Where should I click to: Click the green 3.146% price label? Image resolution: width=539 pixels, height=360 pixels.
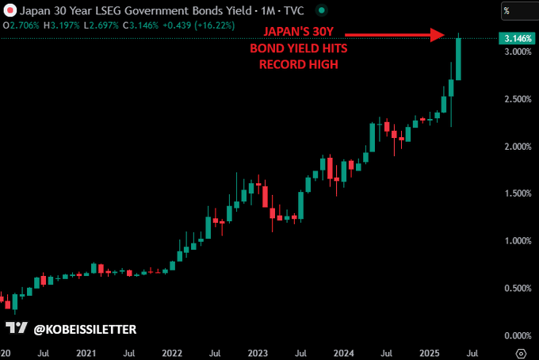516,38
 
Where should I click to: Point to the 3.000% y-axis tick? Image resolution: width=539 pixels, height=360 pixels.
516,52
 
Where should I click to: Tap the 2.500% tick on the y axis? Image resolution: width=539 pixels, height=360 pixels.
516,99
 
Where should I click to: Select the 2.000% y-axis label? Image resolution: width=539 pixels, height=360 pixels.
516,147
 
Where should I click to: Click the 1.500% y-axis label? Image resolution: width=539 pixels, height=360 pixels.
516,193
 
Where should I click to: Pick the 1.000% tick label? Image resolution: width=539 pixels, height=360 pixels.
516,241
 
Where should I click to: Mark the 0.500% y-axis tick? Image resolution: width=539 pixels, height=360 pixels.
516,288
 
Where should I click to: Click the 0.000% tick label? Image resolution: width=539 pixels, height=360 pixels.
516,335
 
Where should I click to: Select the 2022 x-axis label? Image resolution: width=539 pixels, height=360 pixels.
172,351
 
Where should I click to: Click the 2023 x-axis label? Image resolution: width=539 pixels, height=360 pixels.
258,351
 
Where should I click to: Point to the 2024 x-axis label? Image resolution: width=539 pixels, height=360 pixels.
343,351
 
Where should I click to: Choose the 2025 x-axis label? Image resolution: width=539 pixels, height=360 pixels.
429,351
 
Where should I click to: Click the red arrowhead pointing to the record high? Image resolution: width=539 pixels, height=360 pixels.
438,35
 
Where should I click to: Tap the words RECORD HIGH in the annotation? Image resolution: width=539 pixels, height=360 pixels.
299,64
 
